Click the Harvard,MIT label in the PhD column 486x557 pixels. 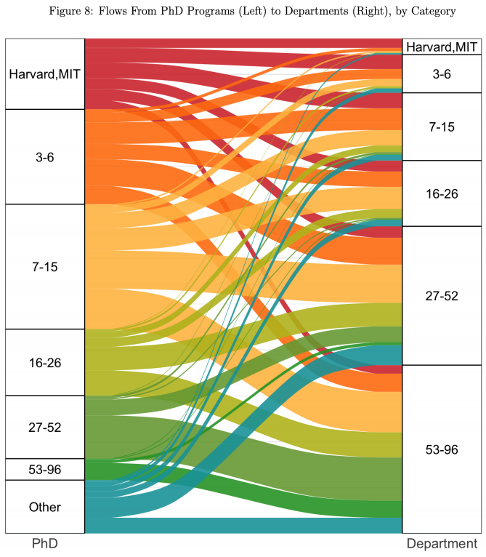pos(45,74)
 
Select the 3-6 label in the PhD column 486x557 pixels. pos(45,157)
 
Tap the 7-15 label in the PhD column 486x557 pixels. pos(45,267)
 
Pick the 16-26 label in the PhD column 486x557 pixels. pos(45,363)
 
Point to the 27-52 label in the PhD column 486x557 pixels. pos(45,427)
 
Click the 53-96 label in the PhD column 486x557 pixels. pos(45,470)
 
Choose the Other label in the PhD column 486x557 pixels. pos(45,507)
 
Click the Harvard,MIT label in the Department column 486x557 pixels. pos(442,47)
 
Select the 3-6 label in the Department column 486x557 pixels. pos(442,74)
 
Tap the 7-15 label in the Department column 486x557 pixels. pos(442,127)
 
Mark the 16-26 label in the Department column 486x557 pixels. pos(442,193)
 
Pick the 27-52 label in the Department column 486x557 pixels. pos(442,296)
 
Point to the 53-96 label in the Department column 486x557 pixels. pos(442,449)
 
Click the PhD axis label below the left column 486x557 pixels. pos(45,543)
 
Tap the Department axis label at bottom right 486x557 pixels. pos(442,544)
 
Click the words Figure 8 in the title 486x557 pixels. pos(70,11)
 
